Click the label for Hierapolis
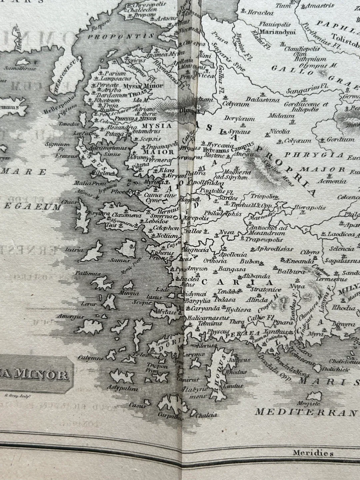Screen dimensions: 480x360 pyautogui.click(x=310, y=207)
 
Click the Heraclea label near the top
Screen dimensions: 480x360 pyautogui.click(x=260, y=13)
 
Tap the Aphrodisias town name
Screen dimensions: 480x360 pyautogui.click(x=274, y=249)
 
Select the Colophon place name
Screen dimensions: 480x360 pyautogui.click(x=166, y=228)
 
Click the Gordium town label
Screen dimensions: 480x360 pyautogui.click(x=341, y=140)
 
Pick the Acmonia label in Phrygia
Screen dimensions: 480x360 pyautogui.click(x=332, y=182)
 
